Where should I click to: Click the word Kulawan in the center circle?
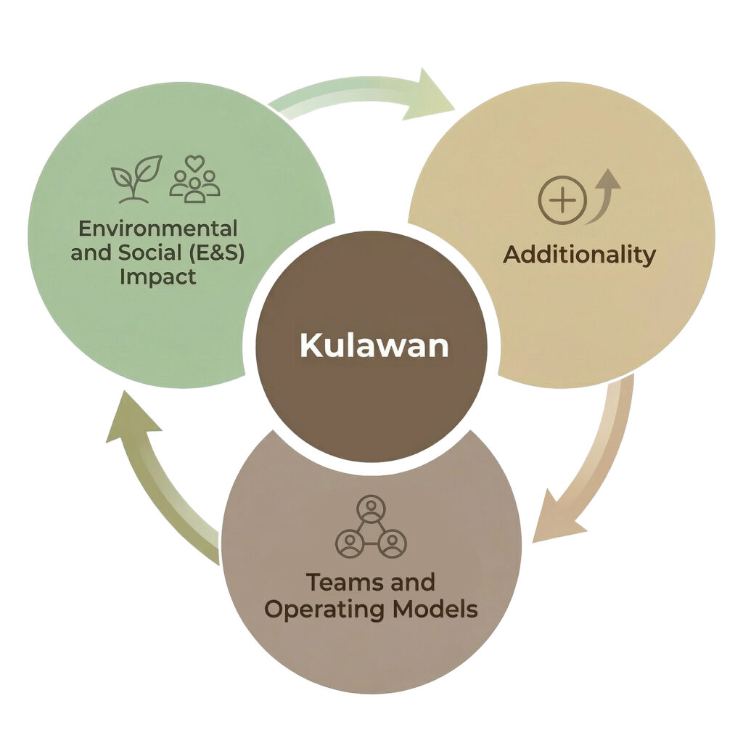click(374, 345)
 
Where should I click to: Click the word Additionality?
click(579, 255)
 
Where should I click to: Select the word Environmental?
click(157, 229)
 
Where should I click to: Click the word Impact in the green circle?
click(157, 277)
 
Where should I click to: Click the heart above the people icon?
click(194, 163)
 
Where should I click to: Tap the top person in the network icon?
click(371, 508)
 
